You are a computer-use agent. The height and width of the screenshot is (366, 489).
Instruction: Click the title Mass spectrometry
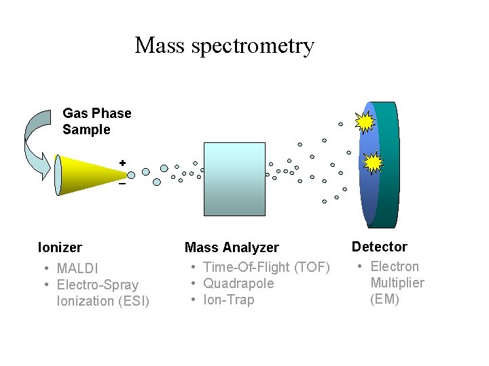[224, 45]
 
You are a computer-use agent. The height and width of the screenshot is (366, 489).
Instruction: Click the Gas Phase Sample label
[96, 121]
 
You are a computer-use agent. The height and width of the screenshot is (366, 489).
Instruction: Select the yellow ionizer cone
[88, 174]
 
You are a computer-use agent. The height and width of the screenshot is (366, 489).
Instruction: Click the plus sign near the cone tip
[122, 163]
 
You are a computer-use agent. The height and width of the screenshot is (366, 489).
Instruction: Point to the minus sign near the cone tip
[122, 184]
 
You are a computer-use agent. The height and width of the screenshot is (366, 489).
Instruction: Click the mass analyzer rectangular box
[234, 179]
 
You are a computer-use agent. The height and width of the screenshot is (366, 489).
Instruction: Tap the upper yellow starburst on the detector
[365, 121]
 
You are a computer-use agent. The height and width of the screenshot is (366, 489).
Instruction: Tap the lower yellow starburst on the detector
[373, 163]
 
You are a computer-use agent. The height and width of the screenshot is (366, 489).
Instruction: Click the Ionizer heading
[60, 247]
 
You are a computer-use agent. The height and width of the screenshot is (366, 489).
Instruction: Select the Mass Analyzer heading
[232, 248]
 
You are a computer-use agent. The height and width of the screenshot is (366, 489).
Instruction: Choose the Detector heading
[379, 247]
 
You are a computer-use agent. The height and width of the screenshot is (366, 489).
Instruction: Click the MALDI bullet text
[77, 268]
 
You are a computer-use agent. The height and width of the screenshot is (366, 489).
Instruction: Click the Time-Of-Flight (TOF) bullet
[266, 267]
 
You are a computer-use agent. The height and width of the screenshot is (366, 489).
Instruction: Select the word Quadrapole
[238, 283]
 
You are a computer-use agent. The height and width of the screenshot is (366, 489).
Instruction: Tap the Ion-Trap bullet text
[228, 300]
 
